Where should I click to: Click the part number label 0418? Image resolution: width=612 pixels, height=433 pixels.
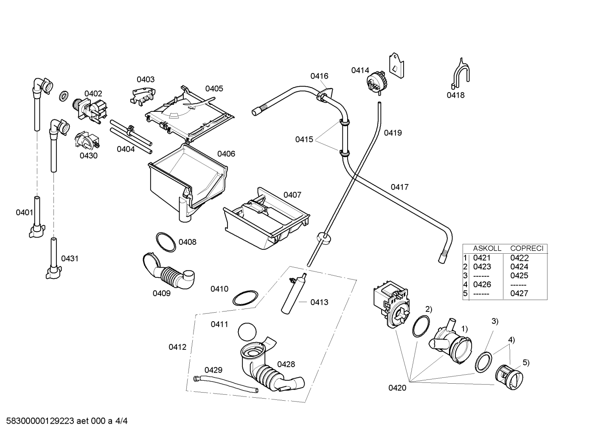(x=455, y=95)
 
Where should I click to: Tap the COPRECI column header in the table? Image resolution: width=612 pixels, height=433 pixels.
(x=527, y=248)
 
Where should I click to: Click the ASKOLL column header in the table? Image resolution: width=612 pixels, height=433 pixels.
(x=487, y=248)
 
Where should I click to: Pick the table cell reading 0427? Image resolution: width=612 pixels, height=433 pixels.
(x=519, y=294)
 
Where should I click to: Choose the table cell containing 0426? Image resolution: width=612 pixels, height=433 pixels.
(x=482, y=284)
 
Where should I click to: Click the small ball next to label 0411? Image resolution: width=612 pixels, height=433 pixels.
(x=247, y=332)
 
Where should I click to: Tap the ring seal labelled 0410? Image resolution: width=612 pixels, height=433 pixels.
(x=245, y=298)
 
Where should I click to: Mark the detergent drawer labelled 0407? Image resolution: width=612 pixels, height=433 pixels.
(x=267, y=218)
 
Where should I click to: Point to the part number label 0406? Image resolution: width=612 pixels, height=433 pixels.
(x=226, y=154)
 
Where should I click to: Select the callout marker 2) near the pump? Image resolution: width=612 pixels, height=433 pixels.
(x=429, y=309)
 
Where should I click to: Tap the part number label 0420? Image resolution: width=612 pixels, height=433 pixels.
(x=397, y=388)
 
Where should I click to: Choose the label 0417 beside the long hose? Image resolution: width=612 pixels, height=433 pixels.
(x=399, y=187)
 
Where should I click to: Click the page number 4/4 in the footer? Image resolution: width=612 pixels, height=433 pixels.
(x=121, y=421)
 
